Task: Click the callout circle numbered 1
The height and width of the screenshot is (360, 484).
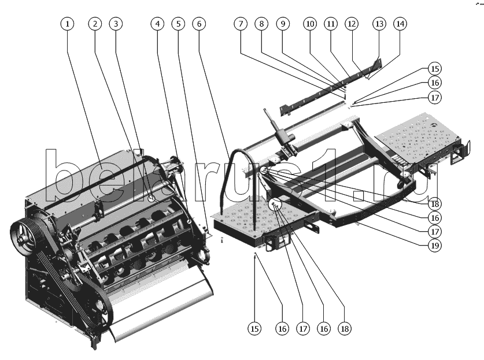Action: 68,24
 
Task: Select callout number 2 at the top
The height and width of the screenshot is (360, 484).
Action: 95,24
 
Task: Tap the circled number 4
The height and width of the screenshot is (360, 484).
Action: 158,24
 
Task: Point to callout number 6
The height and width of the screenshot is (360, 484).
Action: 199,24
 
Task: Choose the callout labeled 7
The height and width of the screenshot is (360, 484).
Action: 241,24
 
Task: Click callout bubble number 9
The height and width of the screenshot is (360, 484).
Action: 283,24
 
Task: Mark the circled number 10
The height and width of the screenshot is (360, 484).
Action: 310,24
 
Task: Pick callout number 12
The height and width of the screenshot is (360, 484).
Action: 352,24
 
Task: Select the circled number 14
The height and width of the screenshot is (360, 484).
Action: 400,24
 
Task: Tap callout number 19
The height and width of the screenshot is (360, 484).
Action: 435,246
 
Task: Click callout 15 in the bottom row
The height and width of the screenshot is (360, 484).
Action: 254,329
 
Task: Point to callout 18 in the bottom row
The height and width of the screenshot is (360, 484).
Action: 345,329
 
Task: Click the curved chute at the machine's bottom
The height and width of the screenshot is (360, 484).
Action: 161,309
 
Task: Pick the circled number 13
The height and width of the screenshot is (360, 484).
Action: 379,24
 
